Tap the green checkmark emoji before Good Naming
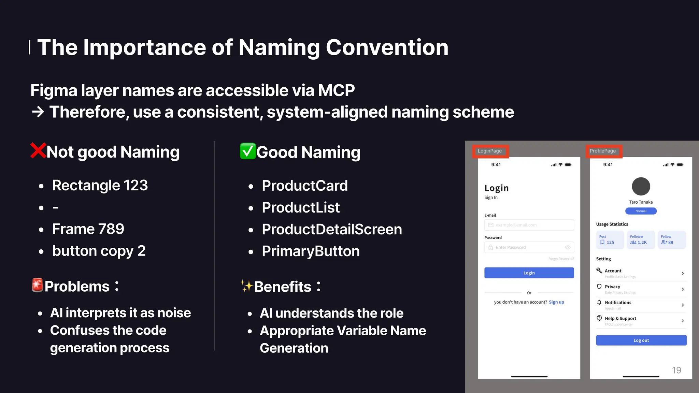(247, 151)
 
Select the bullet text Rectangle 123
(100, 186)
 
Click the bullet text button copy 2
(99, 251)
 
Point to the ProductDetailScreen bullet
(331, 229)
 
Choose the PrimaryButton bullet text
(311, 251)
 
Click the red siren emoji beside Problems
(37, 286)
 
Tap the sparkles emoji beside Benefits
(246, 286)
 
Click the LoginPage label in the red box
(490, 151)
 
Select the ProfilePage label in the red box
(603, 151)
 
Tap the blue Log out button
(641, 340)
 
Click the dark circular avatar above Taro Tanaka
(641, 187)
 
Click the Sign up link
(556, 302)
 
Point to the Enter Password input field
(529, 247)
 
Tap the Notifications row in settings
(641, 305)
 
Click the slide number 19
(676, 370)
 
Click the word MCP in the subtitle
(336, 91)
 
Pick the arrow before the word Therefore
(38, 112)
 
